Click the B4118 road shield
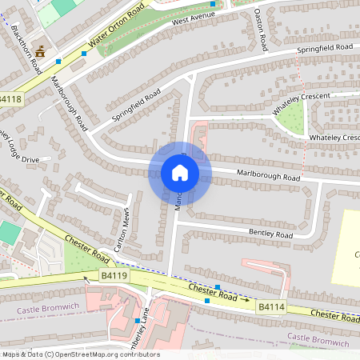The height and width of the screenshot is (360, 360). [x=10, y=99]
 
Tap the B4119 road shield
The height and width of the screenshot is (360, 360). [x=114, y=276]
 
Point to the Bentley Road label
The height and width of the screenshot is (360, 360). [x=272, y=234]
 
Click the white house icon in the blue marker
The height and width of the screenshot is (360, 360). [x=179, y=173]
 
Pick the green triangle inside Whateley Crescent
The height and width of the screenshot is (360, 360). [x=291, y=118]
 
